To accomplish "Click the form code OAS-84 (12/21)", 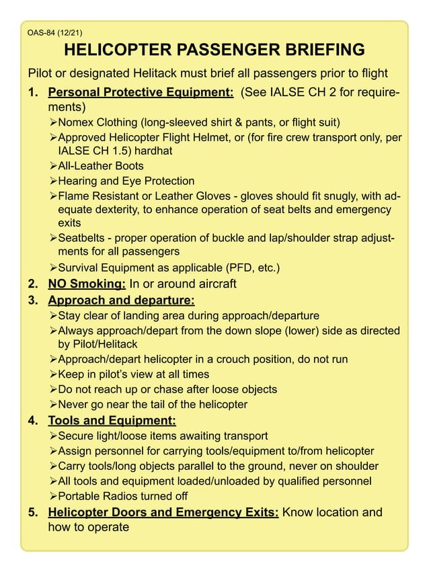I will (55, 32).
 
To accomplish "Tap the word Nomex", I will (77, 122).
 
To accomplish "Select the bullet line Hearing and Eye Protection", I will (126, 181).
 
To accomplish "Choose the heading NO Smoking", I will (87, 284).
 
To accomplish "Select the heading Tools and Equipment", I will (112, 421).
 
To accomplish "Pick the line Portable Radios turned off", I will (123, 496).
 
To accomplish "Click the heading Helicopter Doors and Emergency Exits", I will (163, 513).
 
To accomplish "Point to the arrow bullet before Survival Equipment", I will (53, 268).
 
